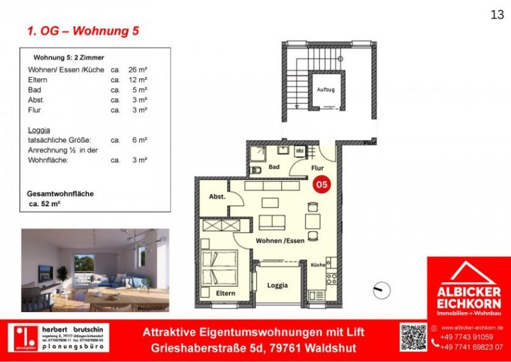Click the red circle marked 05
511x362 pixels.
coord(322,184)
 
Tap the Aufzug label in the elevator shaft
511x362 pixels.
coord(325,90)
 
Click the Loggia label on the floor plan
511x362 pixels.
coord(277,285)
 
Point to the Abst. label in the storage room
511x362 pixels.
coord(217,197)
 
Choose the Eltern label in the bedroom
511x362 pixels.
coord(225,293)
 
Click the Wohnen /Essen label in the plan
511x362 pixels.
coord(280,241)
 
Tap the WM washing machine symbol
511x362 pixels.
coord(299,151)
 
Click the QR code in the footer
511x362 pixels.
coord(413,337)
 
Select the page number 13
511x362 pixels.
coord(497,15)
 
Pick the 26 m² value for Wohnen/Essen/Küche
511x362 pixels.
coord(139,70)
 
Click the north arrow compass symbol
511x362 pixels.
coord(381,289)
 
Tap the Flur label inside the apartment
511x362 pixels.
coord(317,168)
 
